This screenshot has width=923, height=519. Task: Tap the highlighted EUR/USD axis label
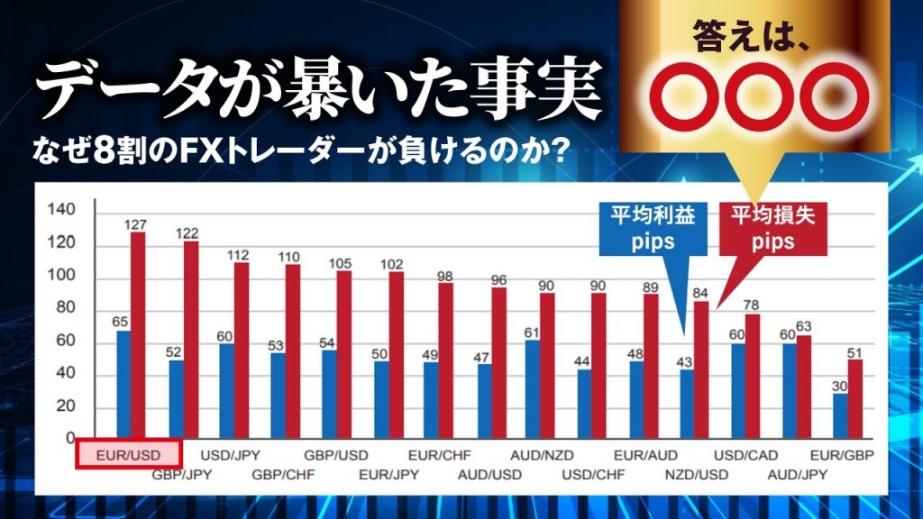[128, 454]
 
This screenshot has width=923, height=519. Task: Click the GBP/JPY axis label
[180, 474]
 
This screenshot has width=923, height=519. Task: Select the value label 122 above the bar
[188, 233]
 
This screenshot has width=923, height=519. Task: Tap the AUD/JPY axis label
[798, 474]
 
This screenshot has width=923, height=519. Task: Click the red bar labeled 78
[753, 377]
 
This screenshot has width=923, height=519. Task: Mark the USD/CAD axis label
[745, 454]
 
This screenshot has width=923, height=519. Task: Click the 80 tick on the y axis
[64, 309]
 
